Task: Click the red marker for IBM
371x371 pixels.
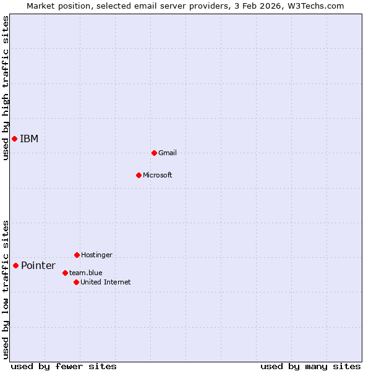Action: tap(14, 139)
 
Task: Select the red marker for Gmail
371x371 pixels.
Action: tap(154, 153)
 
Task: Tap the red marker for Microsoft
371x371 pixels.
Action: tap(139, 175)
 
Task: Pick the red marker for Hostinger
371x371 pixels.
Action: tap(77, 255)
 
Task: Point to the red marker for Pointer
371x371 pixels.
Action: tap(15, 265)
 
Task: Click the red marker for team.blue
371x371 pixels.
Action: tap(65, 273)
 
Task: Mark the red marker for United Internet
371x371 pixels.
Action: tap(76, 282)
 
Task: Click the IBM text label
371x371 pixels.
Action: tap(29, 139)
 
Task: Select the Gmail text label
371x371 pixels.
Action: tap(168, 153)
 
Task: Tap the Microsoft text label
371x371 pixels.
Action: tap(158, 175)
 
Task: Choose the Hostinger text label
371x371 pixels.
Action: tap(96, 255)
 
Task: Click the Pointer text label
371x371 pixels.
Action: tap(38, 266)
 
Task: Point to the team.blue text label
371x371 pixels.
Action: tap(86, 273)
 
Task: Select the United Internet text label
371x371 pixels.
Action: tap(106, 282)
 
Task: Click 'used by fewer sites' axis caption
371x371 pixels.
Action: tap(64, 366)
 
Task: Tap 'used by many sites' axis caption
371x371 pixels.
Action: tap(310, 366)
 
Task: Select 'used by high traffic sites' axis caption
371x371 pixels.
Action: tap(6, 88)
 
